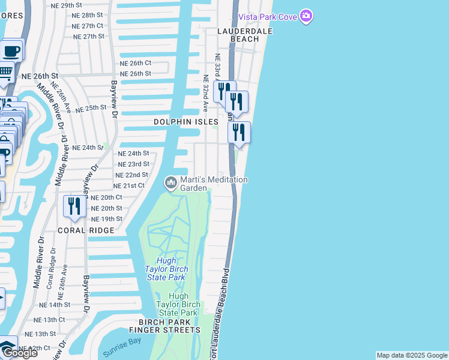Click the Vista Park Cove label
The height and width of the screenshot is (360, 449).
coord(267,16)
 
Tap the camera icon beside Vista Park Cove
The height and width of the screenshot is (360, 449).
coord(306,16)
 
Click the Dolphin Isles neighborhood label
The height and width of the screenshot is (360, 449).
coord(185,122)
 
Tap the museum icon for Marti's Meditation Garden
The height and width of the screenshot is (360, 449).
coord(171,181)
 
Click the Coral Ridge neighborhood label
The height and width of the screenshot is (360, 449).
coord(86,230)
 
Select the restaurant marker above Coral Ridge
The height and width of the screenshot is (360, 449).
coord(74,206)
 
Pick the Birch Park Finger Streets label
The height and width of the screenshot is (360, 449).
coord(164,326)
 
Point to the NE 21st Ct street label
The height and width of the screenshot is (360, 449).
coord(129,185)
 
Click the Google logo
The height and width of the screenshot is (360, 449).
coord(19,352)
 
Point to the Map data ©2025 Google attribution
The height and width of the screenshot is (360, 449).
coord(412,355)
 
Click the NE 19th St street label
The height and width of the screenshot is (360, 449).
coord(107,219)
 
